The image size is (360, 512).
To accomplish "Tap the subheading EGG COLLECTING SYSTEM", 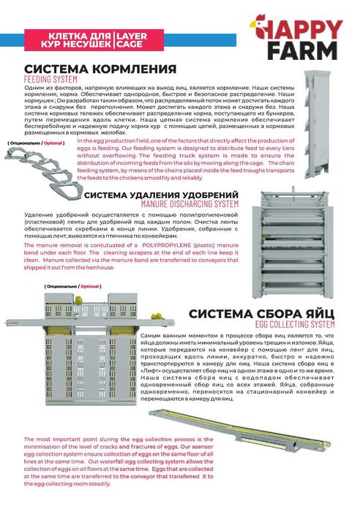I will [x=295, y=323].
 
